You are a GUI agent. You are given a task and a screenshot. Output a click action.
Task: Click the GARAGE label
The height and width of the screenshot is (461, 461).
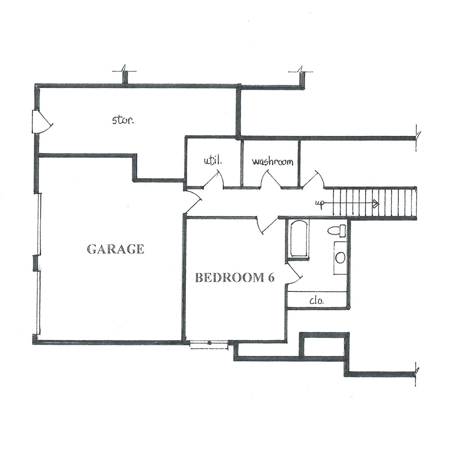116,249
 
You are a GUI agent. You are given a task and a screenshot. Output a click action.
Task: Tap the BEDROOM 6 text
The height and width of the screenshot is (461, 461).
235,278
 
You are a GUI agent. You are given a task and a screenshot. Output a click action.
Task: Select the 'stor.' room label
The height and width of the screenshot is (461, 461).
123,120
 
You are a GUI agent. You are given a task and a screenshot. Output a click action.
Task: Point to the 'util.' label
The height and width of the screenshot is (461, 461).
213,161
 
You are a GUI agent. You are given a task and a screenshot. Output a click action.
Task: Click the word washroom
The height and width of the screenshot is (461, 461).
272,161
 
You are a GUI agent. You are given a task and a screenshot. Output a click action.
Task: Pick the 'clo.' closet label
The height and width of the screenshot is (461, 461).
317,301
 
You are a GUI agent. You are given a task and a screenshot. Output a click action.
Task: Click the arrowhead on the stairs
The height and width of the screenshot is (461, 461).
375,203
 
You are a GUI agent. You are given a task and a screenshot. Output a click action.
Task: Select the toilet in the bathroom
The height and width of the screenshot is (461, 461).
337,230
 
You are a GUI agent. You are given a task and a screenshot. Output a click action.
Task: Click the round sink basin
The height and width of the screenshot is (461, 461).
341,258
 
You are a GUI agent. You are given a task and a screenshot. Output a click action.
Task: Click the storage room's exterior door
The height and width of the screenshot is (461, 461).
42,122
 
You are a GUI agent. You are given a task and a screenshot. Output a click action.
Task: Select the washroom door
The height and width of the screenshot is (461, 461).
272,178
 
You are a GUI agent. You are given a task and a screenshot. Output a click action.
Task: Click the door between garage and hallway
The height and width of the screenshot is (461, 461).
193,202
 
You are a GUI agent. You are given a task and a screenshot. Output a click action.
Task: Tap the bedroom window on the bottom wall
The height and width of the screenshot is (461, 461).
209,344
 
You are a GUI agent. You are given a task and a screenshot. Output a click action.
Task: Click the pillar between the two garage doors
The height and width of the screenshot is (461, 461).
35,263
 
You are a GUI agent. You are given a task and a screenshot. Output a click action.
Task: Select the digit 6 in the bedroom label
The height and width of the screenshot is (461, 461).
271,278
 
